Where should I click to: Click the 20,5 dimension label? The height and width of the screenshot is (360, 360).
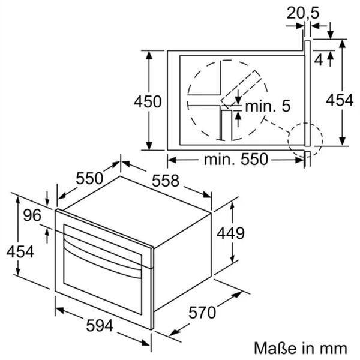pyautogui.click(x=303, y=13)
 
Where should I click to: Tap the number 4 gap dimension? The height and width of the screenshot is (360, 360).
pyautogui.click(x=319, y=61)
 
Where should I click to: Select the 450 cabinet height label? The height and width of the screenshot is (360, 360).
pyautogui.click(x=148, y=102)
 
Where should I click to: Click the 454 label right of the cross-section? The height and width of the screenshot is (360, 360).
pyautogui.click(x=340, y=100)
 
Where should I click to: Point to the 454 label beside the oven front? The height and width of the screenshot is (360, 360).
pyautogui.click(x=20, y=251)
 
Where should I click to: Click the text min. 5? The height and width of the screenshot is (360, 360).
pyautogui.click(x=268, y=106)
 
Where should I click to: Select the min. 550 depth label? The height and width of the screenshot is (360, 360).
pyautogui.click(x=236, y=159)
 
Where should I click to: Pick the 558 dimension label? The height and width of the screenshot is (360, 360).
pyautogui.click(x=166, y=181)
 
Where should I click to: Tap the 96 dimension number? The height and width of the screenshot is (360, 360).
pyautogui.click(x=32, y=215)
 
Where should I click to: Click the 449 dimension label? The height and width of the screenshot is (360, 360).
pyautogui.click(x=230, y=233)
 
